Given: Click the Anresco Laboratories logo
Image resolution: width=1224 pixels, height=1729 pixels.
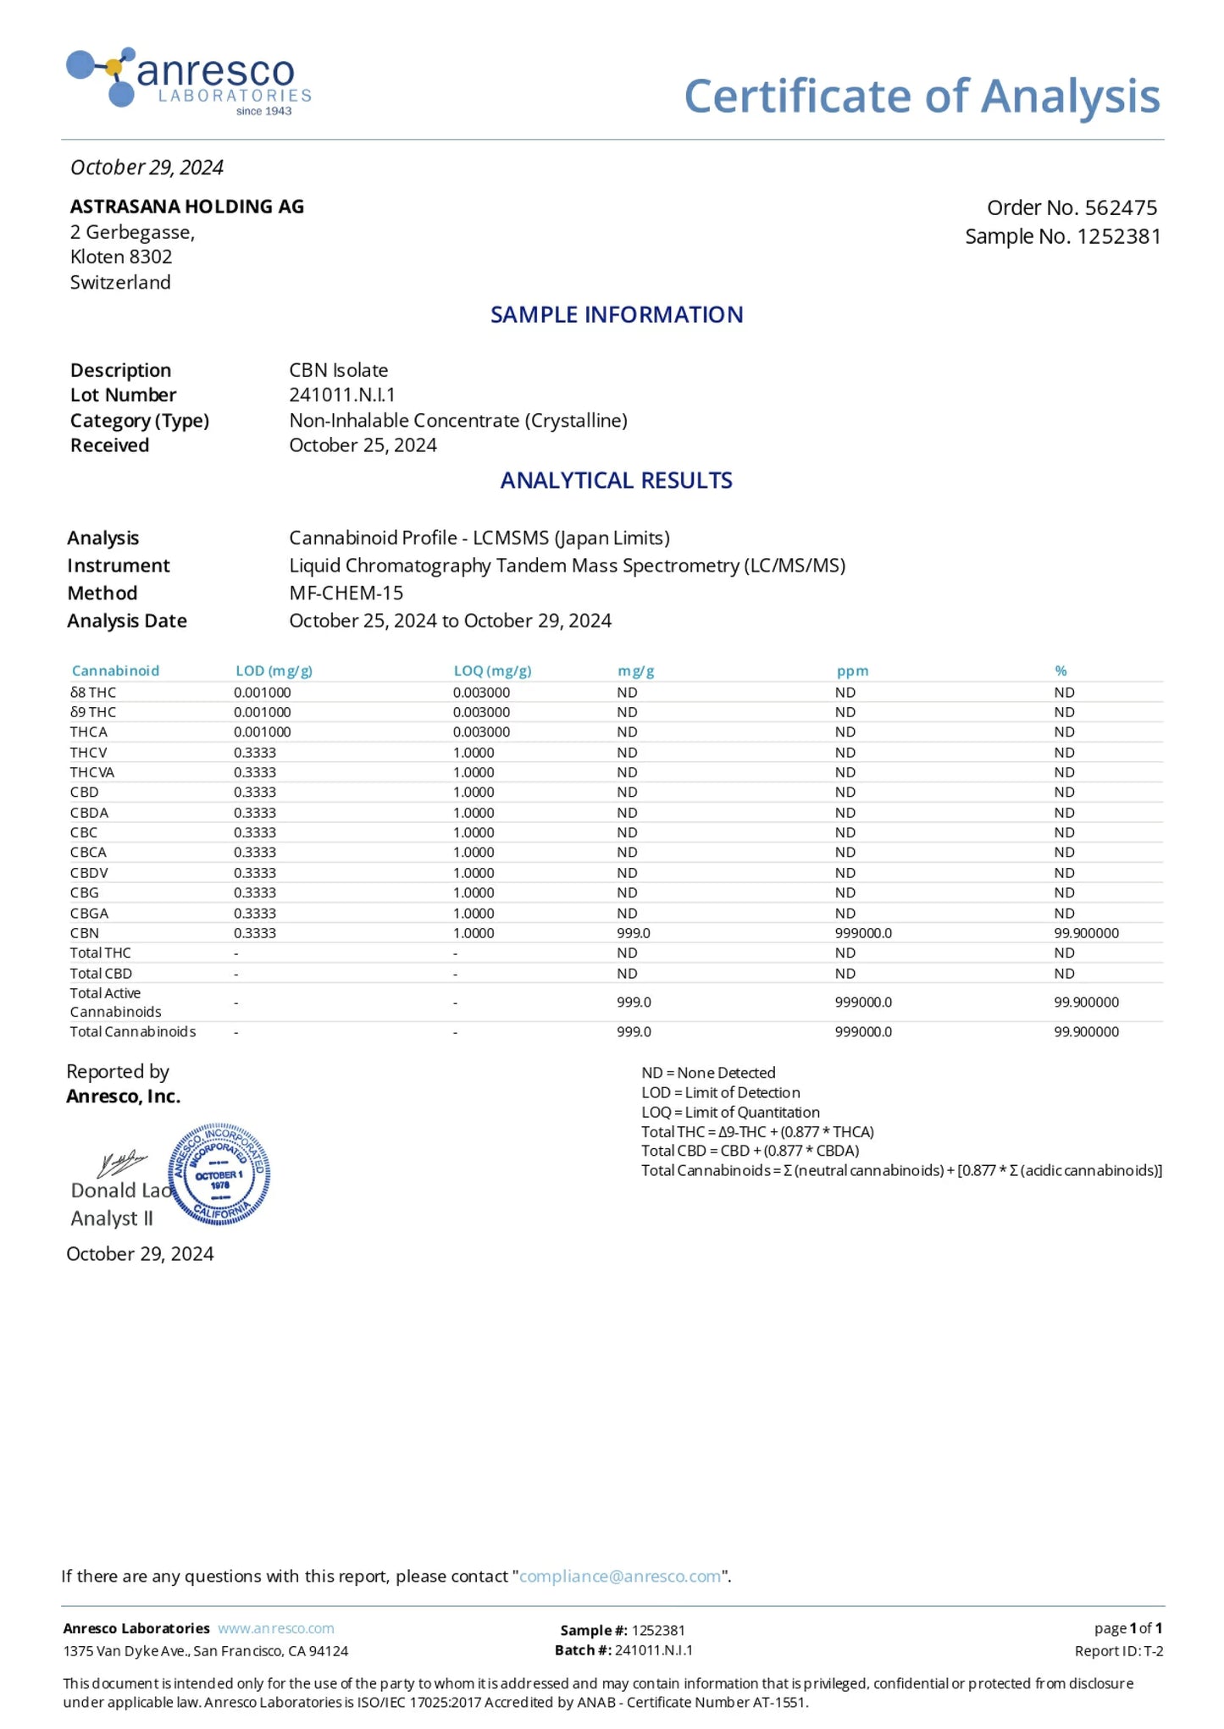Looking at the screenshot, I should point(188,81).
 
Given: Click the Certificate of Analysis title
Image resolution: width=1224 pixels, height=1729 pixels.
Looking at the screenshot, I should point(922,96).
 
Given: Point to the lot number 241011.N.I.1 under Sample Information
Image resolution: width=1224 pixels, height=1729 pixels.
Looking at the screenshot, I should point(342,395).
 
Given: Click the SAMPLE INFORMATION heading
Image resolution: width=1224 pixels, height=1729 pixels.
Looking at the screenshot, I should point(617,315).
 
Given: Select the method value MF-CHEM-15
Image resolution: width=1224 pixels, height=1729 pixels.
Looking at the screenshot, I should point(346,593).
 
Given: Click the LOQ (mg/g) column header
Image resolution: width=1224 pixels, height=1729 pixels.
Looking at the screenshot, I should point(492,671).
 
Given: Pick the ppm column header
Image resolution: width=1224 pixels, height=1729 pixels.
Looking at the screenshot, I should point(852,671).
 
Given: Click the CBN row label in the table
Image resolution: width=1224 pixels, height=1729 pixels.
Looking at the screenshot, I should point(85,933).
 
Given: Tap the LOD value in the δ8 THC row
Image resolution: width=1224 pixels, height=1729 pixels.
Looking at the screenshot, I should point(262,693).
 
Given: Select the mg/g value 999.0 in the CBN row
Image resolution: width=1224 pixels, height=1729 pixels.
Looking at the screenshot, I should point(634,933).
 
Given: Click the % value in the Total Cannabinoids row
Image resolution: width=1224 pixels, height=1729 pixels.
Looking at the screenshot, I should point(1086,1032).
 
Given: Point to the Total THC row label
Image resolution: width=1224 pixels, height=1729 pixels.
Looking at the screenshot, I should point(100,953).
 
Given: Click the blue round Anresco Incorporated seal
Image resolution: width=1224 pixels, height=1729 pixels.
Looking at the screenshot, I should point(219,1175).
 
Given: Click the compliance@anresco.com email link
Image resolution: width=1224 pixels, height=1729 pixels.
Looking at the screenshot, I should point(620,1577).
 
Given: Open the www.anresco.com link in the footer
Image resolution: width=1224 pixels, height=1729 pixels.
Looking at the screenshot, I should point(275,1628).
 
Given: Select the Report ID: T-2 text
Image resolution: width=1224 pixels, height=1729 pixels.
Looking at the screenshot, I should point(1118,1651).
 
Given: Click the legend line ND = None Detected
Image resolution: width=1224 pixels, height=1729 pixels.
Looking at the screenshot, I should point(708,1073).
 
